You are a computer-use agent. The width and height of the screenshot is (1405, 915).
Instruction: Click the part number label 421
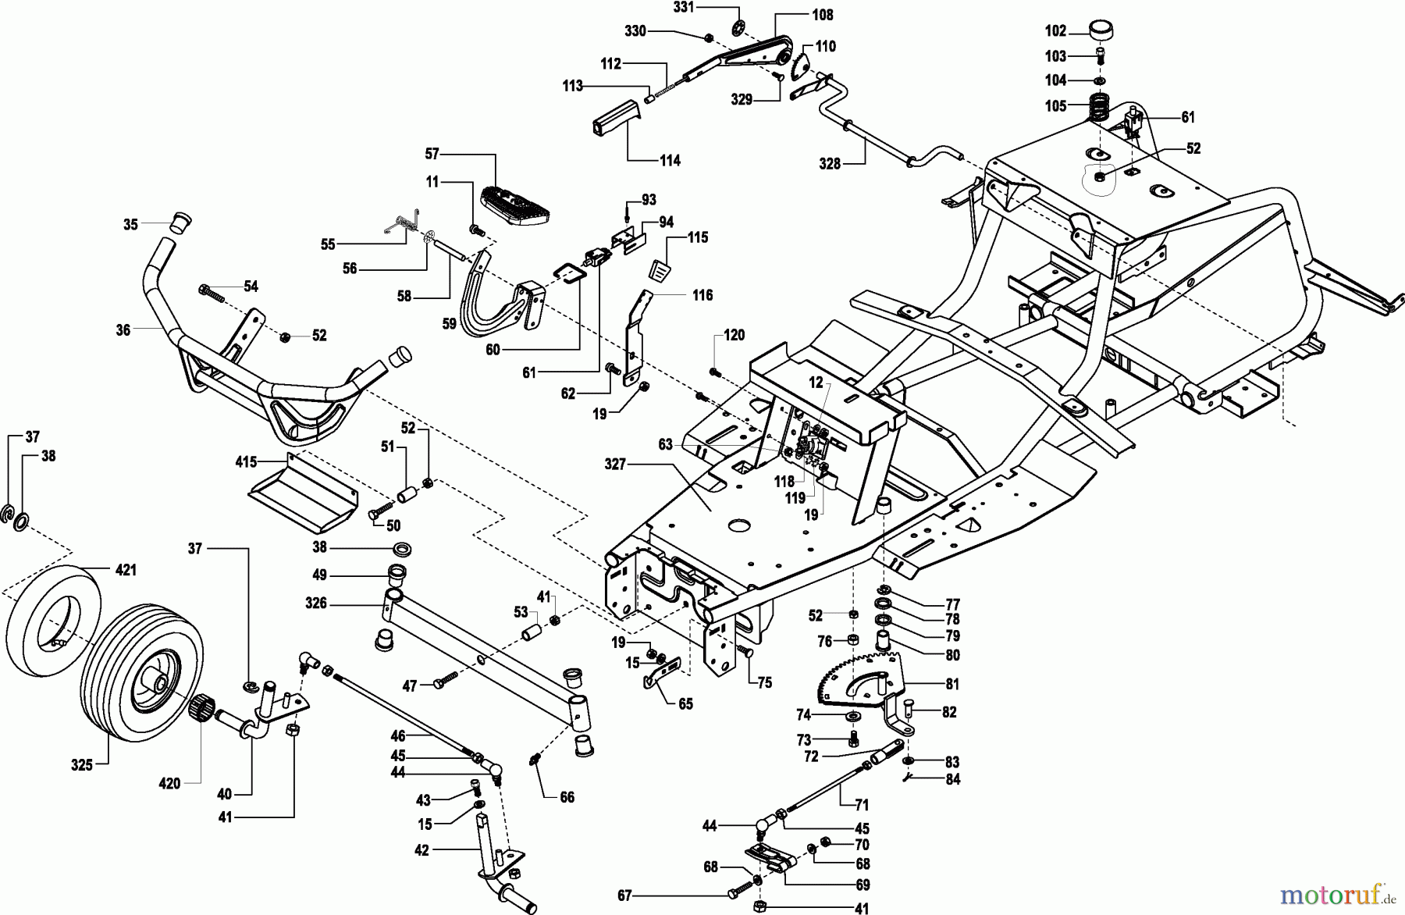126,571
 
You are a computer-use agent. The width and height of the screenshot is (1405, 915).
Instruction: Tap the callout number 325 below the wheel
82,765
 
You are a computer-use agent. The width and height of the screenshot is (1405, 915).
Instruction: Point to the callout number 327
615,464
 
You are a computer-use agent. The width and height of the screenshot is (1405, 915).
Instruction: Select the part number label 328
831,163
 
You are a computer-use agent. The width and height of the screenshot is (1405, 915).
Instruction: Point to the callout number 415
246,462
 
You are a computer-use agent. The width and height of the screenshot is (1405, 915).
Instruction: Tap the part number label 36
123,330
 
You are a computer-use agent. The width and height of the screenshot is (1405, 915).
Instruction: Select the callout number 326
316,603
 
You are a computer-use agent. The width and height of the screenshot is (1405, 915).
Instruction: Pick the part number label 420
169,784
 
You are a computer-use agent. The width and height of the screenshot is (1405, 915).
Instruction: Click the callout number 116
702,295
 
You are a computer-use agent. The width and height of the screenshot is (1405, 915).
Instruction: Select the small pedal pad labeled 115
660,265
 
